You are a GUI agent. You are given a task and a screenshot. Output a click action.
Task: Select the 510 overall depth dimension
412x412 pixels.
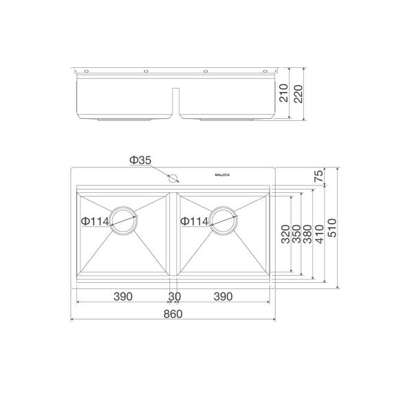tap(332, 227)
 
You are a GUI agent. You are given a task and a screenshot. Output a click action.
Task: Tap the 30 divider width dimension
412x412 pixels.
tap(174, 296)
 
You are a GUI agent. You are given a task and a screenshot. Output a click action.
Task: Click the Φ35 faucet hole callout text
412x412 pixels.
tap(140, 161)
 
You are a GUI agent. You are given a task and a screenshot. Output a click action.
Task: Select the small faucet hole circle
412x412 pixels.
tap(174, 177)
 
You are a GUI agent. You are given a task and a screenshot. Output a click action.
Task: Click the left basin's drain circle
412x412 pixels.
tap(124, 221)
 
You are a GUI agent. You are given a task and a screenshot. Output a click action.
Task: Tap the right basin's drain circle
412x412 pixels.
tap(224, 221)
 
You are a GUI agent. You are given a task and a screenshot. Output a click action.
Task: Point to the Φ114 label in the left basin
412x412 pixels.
tap(94, 221)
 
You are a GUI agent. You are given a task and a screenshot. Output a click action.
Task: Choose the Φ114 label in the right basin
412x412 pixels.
tap(195, 221)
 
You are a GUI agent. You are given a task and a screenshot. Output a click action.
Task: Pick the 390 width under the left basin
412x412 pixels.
tap(122, 296)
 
